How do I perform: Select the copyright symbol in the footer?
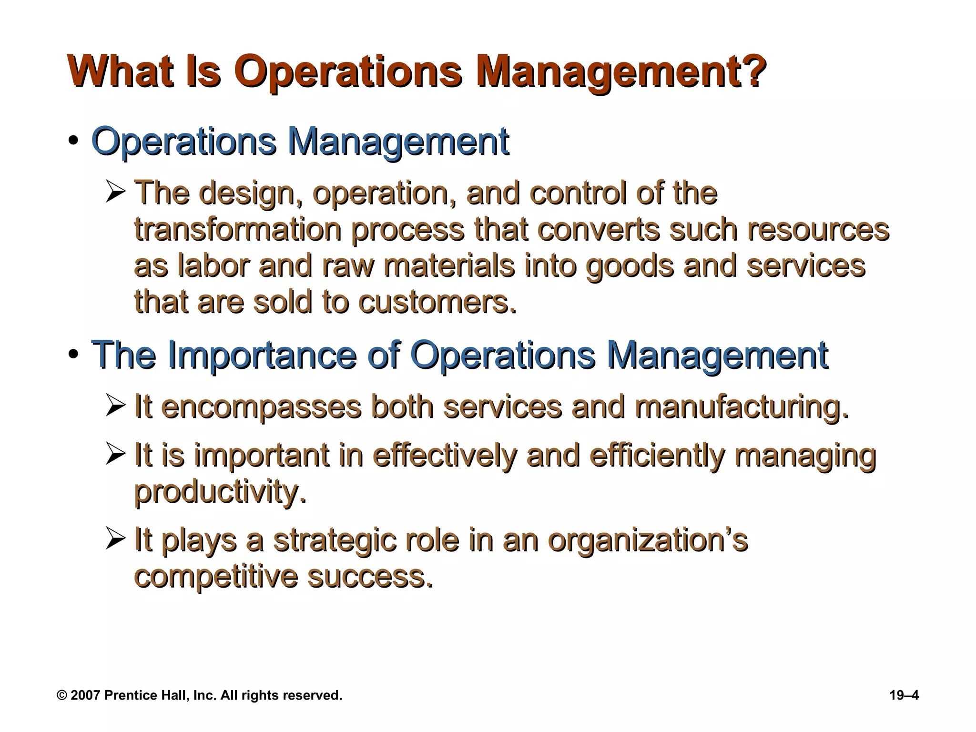(61, 695)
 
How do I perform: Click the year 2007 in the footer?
(85, 695)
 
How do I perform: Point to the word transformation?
(238, 229)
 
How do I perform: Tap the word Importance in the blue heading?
(262, 355)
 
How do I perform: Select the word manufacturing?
(742, 407)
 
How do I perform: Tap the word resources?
(818, 229)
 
